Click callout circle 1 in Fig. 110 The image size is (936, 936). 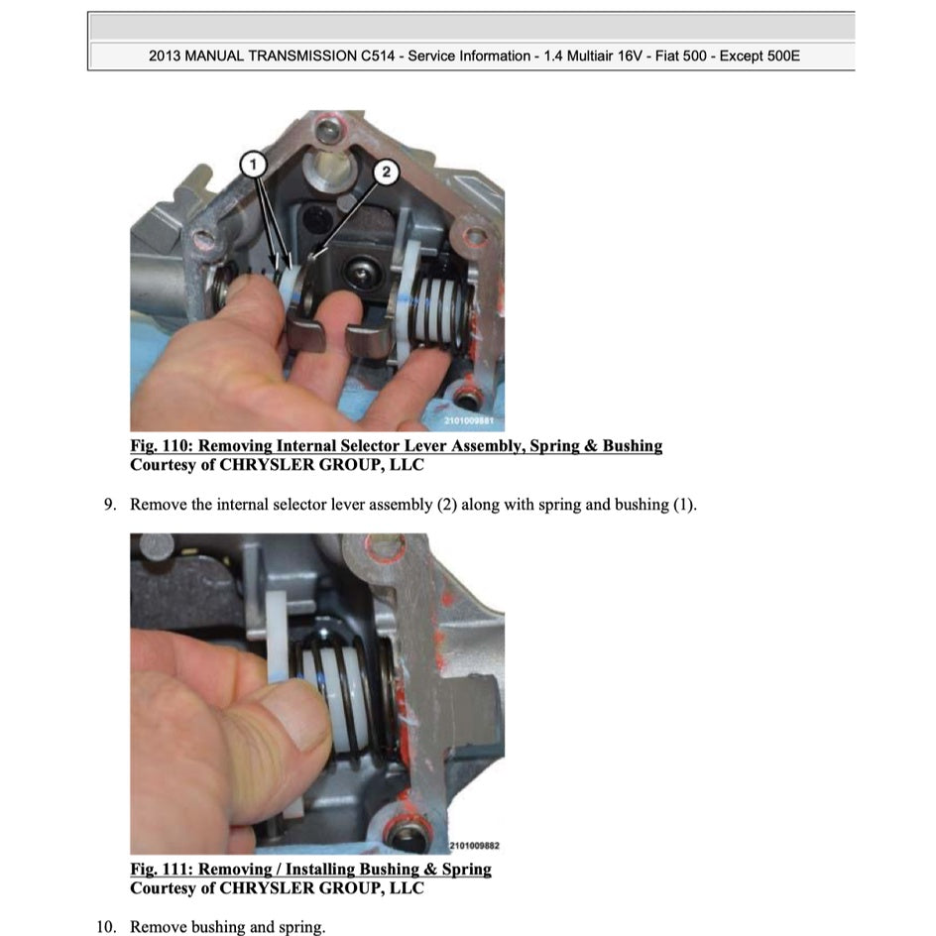[254, 161]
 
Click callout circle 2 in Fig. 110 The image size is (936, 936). [387, 173]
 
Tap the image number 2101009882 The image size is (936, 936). [474, 845]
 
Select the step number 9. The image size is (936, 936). [110, 505]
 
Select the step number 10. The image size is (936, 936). [106, 927]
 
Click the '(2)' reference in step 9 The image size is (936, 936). [448, 505]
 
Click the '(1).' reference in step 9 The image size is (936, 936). [684, 505]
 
